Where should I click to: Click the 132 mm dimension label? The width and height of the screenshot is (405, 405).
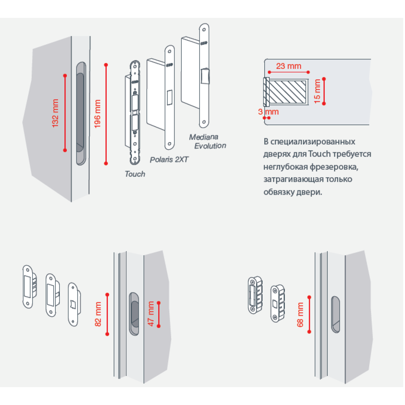point(56,113)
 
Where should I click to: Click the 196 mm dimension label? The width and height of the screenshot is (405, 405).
point(98,114)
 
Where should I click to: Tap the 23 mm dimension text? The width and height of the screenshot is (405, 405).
point(289,66)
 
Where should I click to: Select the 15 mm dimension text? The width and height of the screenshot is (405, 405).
point(317,91)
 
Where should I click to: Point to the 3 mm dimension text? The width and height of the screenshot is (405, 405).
point(269,112)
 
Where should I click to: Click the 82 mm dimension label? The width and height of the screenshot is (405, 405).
point(98,314)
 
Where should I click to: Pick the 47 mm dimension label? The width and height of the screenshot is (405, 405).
point(151,314)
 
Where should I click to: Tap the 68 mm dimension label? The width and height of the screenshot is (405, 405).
point(300,315)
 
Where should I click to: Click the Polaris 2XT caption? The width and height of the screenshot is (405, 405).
point(169,159)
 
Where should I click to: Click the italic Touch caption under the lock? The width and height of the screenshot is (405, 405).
point(135,174)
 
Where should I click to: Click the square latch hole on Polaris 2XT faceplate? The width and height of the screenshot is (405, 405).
point(170,97)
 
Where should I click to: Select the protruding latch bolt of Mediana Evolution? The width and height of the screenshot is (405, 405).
point(205,76)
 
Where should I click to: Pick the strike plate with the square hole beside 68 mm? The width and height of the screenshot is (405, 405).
point(276,303)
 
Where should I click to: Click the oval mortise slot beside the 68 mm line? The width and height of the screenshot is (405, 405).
point(335,315)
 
